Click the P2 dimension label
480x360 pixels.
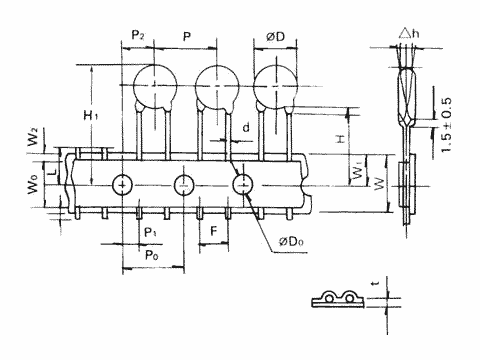click(138, 35)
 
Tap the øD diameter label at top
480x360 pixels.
click(276, 36)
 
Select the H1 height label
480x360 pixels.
click(91, 115)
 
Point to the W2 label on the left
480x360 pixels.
click(33, 137)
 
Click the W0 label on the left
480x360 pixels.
click(33, 184)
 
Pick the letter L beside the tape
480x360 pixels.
click(52, 173)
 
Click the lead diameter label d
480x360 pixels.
click(246, 127)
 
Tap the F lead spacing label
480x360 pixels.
click(214, 231)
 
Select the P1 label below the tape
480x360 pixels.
click(150, 232)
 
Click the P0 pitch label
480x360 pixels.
click(152, 255)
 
